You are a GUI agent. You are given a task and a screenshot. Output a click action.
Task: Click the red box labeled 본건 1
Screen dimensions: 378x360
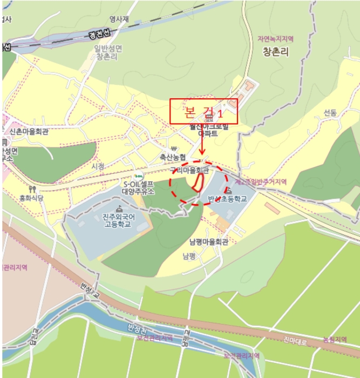coord(203,112)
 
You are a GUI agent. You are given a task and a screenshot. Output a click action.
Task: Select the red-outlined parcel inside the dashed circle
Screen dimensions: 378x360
coord(197,184)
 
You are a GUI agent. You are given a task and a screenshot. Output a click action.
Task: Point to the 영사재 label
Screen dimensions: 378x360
coord(119,19)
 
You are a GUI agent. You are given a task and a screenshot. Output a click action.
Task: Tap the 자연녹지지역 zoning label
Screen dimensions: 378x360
coord(275,39)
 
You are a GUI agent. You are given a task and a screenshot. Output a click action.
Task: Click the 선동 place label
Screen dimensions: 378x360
coord(330,112)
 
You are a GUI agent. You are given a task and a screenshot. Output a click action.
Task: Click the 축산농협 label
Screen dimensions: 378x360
coord(172,157)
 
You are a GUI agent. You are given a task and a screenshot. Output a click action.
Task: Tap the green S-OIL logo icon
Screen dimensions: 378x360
coord(138,176)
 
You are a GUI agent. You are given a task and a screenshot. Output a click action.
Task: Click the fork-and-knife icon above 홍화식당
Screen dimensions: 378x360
coord(33,189)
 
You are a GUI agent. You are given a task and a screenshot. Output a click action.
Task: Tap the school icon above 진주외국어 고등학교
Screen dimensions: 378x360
coord(119,208)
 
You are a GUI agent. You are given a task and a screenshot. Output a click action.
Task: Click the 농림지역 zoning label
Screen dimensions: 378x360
coord(335,339)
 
